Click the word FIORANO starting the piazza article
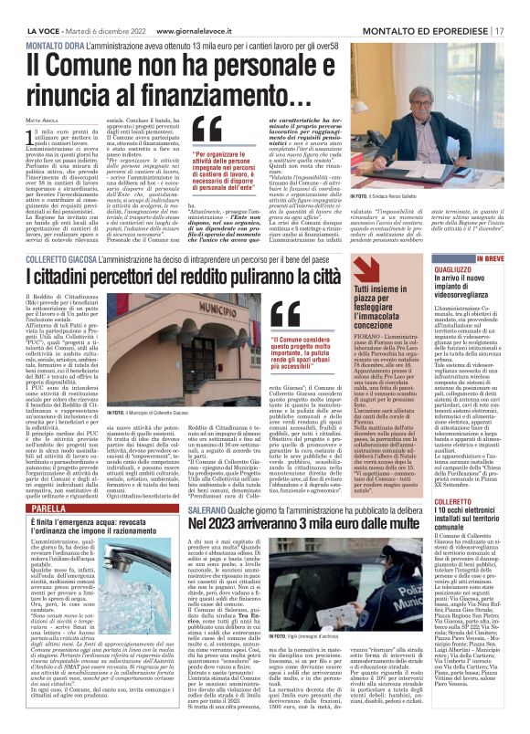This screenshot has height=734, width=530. pyautogui.click(x=366, y=337)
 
